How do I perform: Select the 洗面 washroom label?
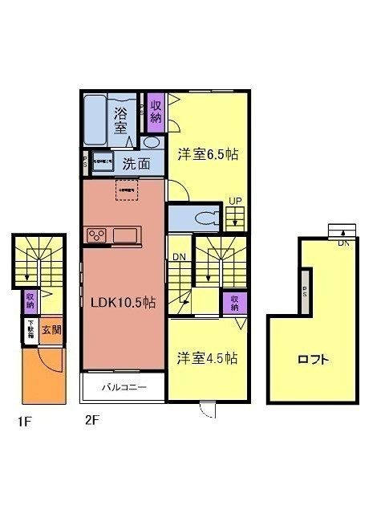(x=136, y=164)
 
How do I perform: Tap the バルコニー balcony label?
(x=124, y=389)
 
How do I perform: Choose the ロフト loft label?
(x=315, y=360)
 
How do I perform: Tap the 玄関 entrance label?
(x=51, y=329)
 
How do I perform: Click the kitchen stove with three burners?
(x=98, y=235)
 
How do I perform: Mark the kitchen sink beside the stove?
(x=127, y=235)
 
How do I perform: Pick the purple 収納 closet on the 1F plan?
(x=30, y=300)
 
